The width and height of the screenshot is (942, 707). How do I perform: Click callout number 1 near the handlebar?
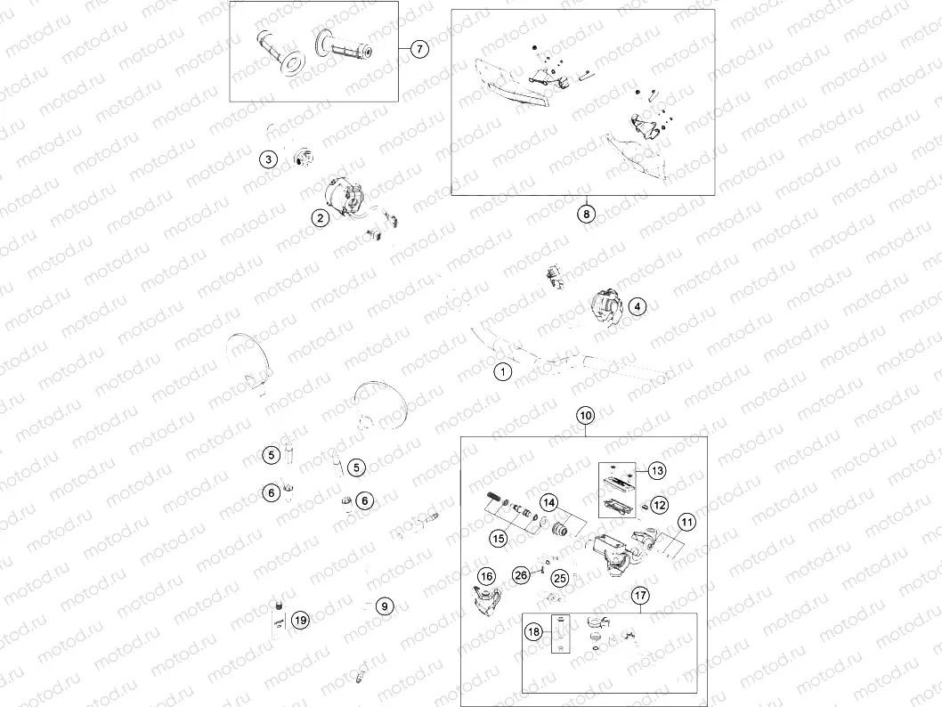click(x=503, y=371)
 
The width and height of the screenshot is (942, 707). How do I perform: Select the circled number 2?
click(x=316, y=216)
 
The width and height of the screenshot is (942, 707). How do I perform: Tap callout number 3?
click(x=268, y=159)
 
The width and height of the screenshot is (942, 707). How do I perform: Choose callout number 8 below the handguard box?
click(x=586, y=214)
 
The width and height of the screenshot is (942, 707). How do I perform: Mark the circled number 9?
click(x=384, y=606)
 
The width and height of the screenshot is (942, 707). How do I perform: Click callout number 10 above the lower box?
click(x=585, y=416)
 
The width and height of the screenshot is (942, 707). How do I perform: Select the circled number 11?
click(x=686, y=523)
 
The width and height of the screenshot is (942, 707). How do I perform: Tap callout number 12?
click(x=659, y=505)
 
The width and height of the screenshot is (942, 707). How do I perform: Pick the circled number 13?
click(x=656, y=470)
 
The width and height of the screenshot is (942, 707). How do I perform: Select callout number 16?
click(x=485, y=577)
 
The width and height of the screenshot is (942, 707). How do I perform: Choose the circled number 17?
click(x=640, y=596)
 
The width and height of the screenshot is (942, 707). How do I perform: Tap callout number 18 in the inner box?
click(x=533, y=631)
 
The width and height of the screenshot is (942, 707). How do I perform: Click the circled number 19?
click(x=300, y=620)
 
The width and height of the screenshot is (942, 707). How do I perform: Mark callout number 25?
click(x=560, y=579)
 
